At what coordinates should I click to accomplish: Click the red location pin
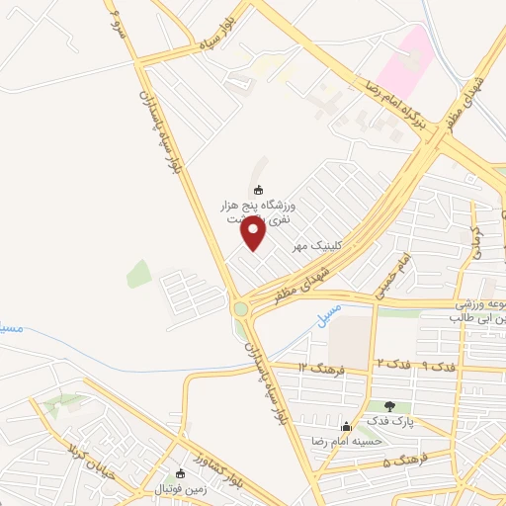[x=254, y=233]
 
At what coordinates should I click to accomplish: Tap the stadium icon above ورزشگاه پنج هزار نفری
[x=259, y=190]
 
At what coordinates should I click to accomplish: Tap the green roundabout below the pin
[x=240, y=309]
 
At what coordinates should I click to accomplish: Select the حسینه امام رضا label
[x=345, y=441]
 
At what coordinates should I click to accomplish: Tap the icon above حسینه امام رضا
[x=345, y=426]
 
